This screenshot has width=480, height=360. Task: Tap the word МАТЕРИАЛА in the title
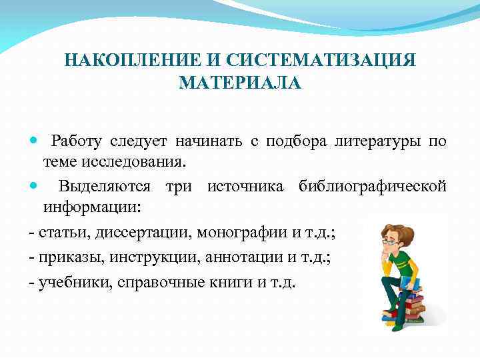tap(240, 83)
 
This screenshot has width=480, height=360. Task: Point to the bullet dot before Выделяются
tap(35, 187)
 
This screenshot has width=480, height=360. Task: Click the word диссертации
tap(137, 233)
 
